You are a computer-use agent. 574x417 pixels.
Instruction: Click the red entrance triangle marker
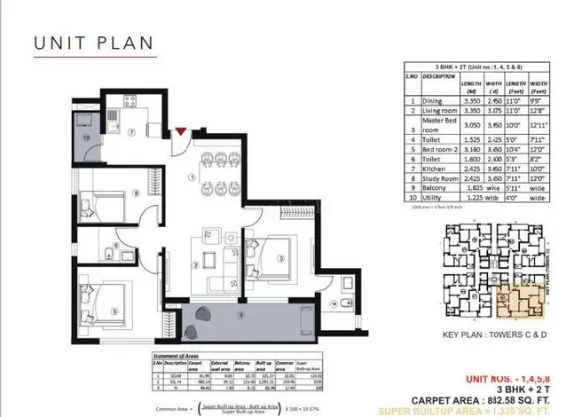(x=181, y=132)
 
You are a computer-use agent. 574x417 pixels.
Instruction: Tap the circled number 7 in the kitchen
(x=130, y=133)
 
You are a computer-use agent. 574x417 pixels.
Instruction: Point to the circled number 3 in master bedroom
(x=279, y=259)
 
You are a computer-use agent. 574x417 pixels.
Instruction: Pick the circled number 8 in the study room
(x=135, y=192)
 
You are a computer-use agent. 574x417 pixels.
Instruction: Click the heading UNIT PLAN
(x=93, y=43)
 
